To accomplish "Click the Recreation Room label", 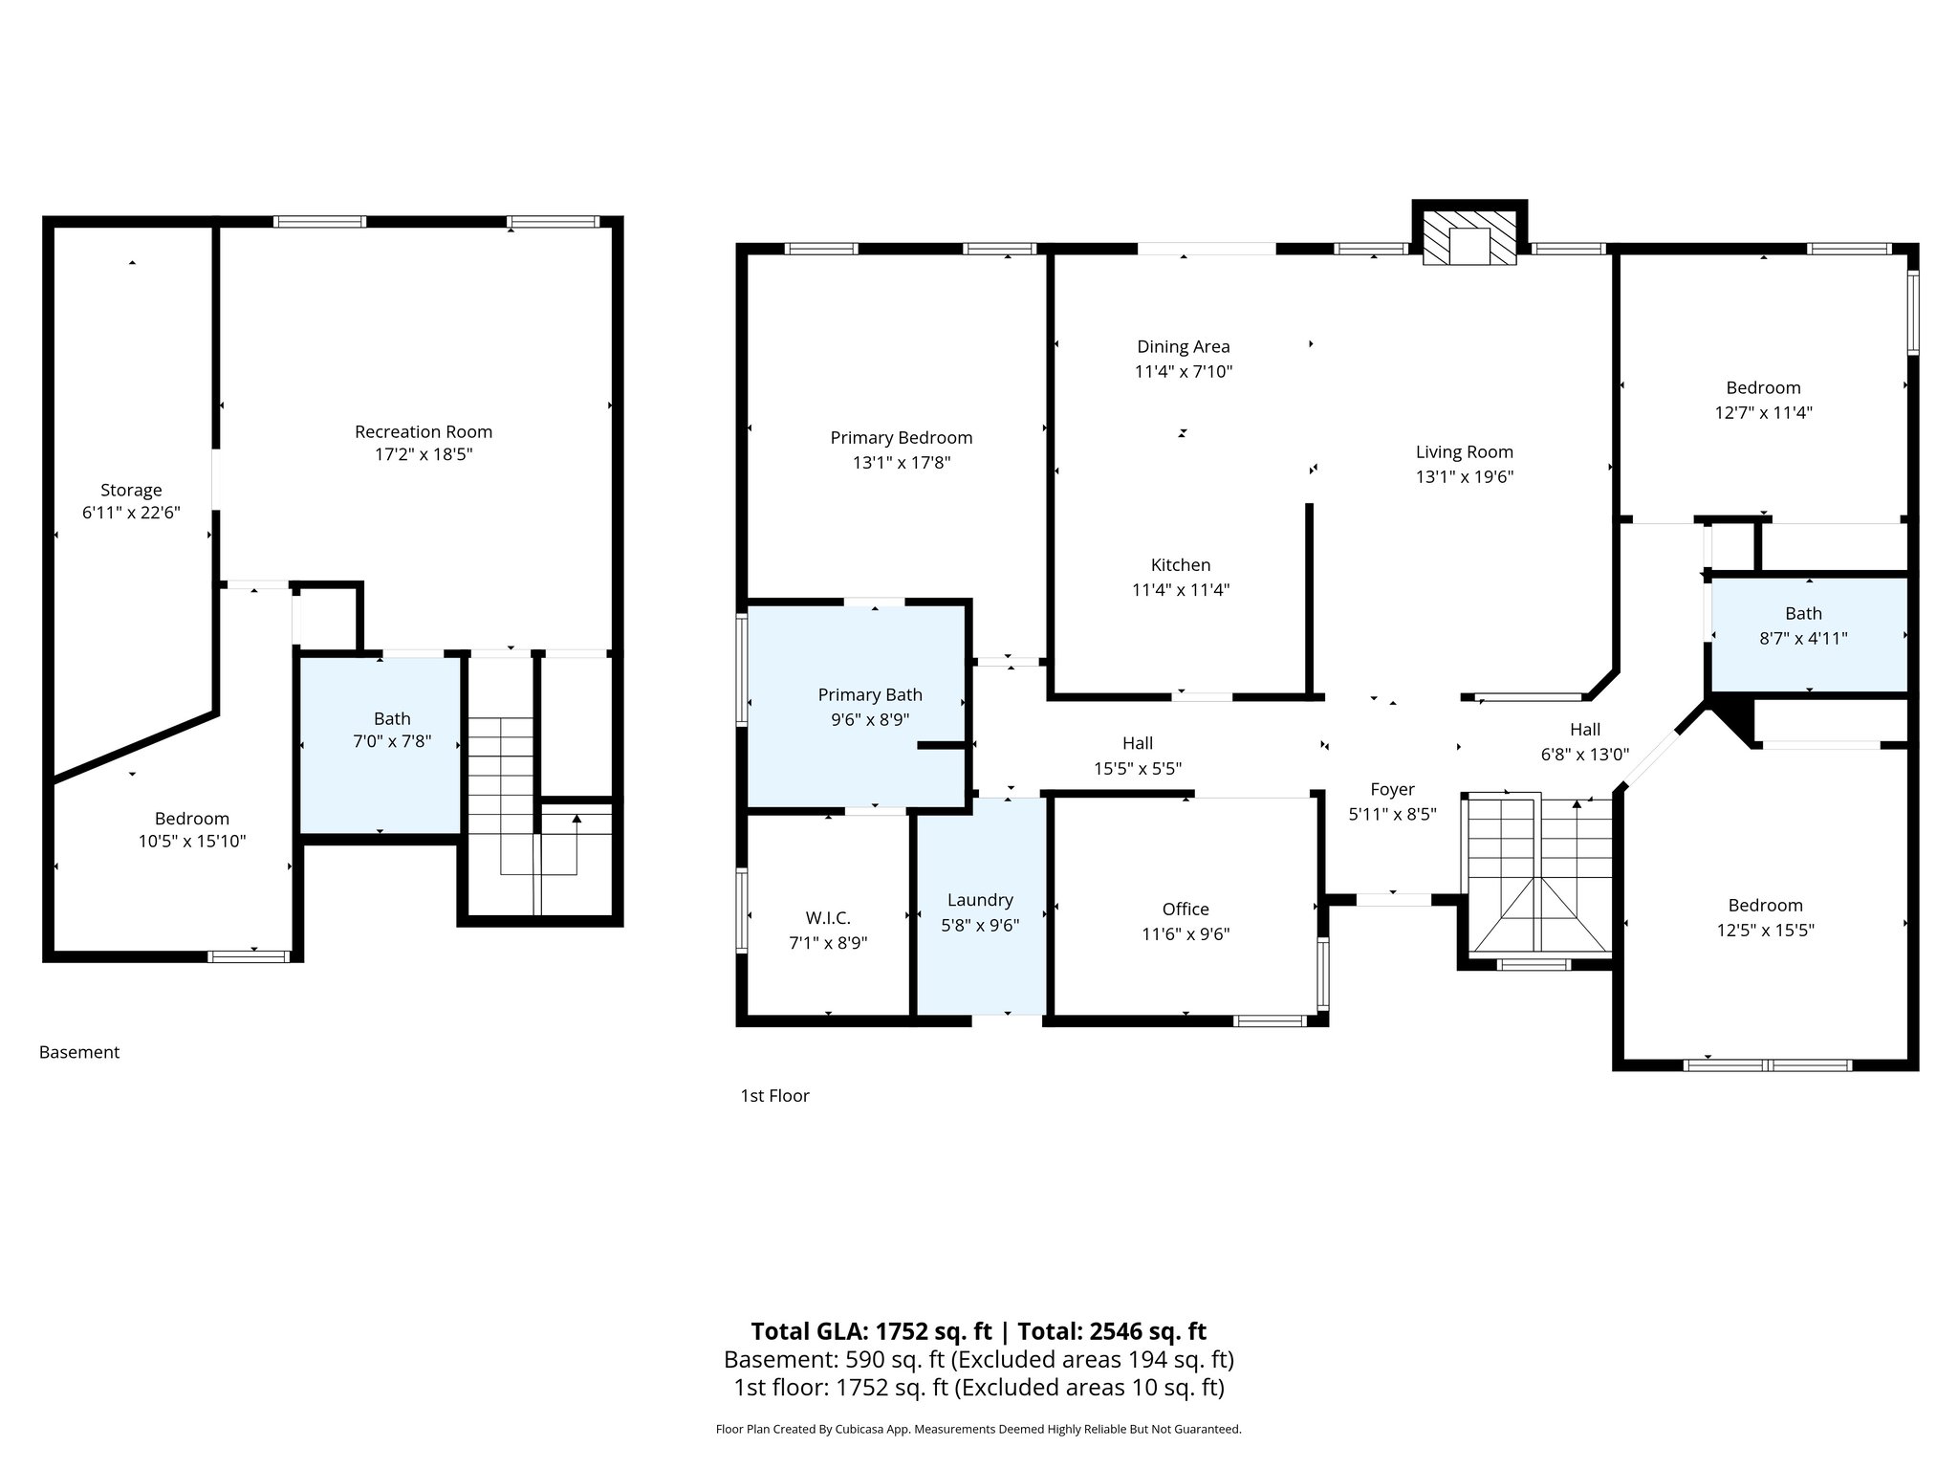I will [424, 431].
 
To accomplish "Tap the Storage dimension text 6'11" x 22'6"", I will [131, 513].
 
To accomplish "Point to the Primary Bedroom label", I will [901, 438].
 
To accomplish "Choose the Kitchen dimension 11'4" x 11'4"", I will [1181, 590].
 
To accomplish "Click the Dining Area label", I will [1183, 347].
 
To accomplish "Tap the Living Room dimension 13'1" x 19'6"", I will [1464, 476].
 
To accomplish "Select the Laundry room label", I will [980, 900].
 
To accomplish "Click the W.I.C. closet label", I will [827, 918].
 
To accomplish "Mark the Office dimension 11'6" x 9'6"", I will [1186, 934].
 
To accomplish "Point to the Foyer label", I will [1392, 790].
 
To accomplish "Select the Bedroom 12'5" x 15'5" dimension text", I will [1765, 930].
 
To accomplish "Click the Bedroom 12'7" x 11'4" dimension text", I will [1763, 413].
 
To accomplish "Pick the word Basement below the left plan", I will [79, 1053].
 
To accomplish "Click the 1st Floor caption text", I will [774, 1096].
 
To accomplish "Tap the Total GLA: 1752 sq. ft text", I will [872, 1331].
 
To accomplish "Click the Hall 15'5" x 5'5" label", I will [1137, 756].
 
